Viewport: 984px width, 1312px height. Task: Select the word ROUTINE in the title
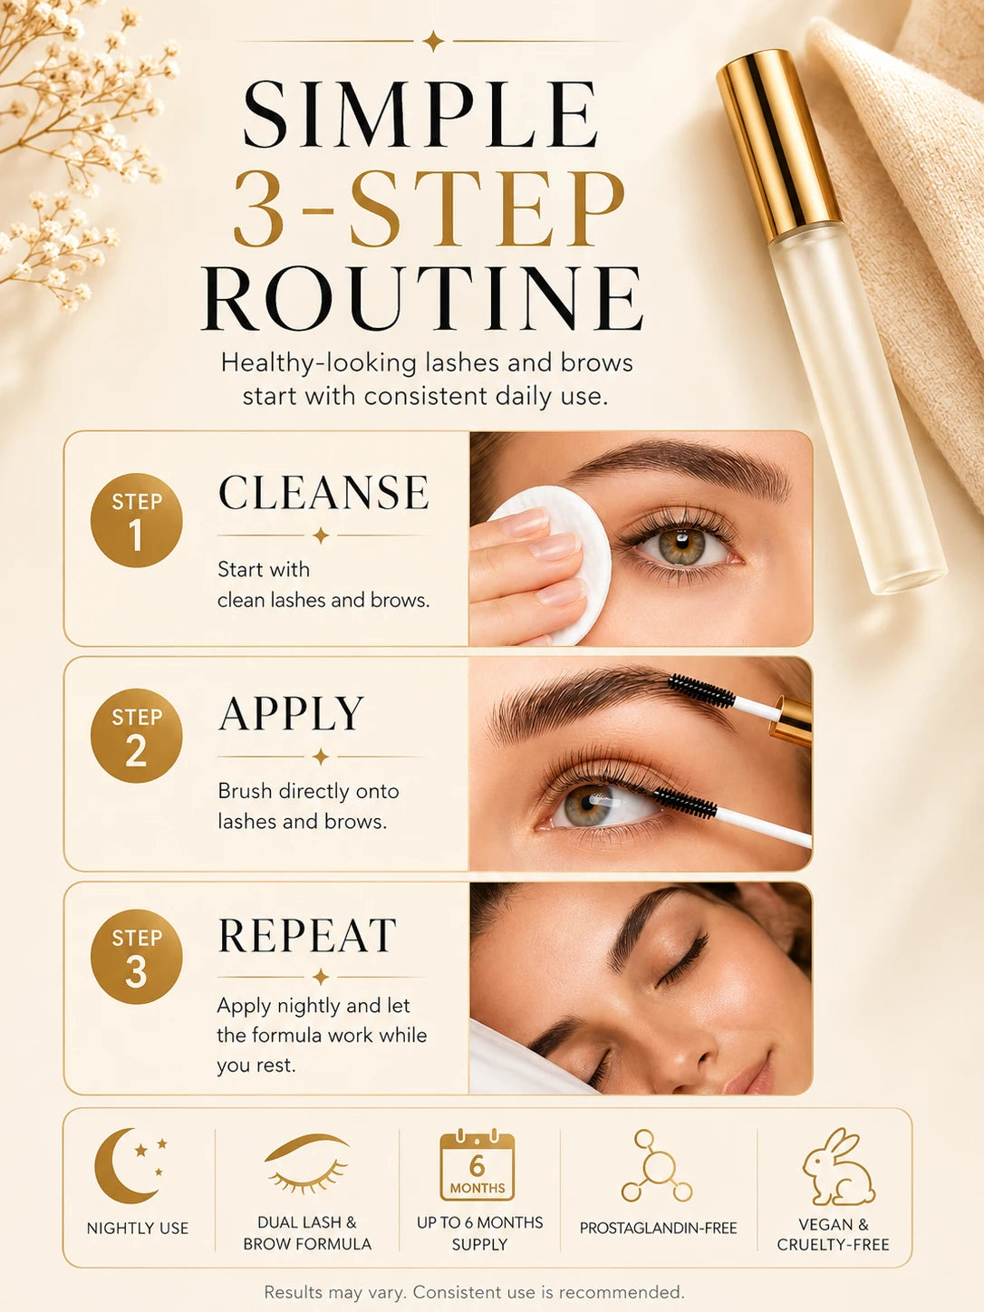(422, 298)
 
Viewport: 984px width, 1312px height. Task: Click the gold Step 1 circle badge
(136, 520)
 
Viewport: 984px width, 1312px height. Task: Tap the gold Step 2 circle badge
(136, 735)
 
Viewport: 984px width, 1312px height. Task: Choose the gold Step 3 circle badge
(136, 956)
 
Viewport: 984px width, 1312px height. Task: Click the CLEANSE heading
(323, 493)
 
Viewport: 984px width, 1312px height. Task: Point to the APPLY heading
(291, 713)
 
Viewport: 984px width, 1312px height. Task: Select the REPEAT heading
(307, 935)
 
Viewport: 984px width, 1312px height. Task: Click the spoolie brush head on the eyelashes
(685, 802)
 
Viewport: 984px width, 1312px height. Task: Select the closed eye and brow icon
(306, 1163)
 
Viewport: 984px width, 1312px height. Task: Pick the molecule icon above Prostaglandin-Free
(656, 1166)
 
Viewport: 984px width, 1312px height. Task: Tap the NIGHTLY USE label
(138, 1229)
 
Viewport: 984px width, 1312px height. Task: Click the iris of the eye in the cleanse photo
(681, 545)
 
